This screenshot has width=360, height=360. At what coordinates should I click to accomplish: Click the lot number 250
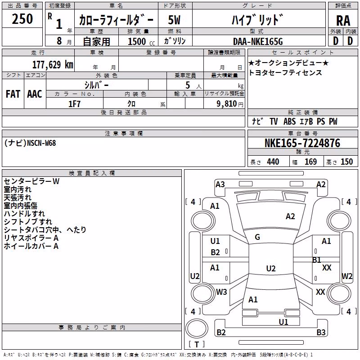click(22, 19)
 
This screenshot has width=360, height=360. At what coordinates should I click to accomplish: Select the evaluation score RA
click(343, 21)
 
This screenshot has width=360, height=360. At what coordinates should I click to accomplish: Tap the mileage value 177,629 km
click(53, 65)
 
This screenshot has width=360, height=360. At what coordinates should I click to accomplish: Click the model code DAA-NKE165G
click(258, 41)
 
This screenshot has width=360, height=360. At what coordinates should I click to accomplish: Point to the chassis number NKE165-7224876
click(302, 143)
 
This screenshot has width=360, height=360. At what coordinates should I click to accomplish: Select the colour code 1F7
click(74, 104)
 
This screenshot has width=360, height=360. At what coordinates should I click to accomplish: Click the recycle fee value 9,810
click(227, 103)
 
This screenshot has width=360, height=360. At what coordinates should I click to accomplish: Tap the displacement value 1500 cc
click(141, 41)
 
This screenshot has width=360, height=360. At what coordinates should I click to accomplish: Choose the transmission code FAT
click(13, 94)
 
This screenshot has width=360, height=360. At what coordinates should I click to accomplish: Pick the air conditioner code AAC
click(35, 94)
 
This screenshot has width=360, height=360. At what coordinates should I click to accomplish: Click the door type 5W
click(174, 20)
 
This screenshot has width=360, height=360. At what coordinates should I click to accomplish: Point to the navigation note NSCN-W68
click(41, 143)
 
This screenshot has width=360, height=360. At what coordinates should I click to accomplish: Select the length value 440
click(273, 162)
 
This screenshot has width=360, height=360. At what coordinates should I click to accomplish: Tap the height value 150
click(346, 162)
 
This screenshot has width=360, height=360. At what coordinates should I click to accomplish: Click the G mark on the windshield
click(257, 237)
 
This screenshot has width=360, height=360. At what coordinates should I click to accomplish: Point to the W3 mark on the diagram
click(221, 292)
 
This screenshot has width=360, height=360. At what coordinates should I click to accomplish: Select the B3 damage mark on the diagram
click(321, 332)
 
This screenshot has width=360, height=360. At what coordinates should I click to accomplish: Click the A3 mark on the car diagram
click(220, 184)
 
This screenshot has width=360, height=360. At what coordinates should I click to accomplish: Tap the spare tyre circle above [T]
click(197, 328)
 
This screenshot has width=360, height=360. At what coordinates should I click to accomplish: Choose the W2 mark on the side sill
click(347, 276)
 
